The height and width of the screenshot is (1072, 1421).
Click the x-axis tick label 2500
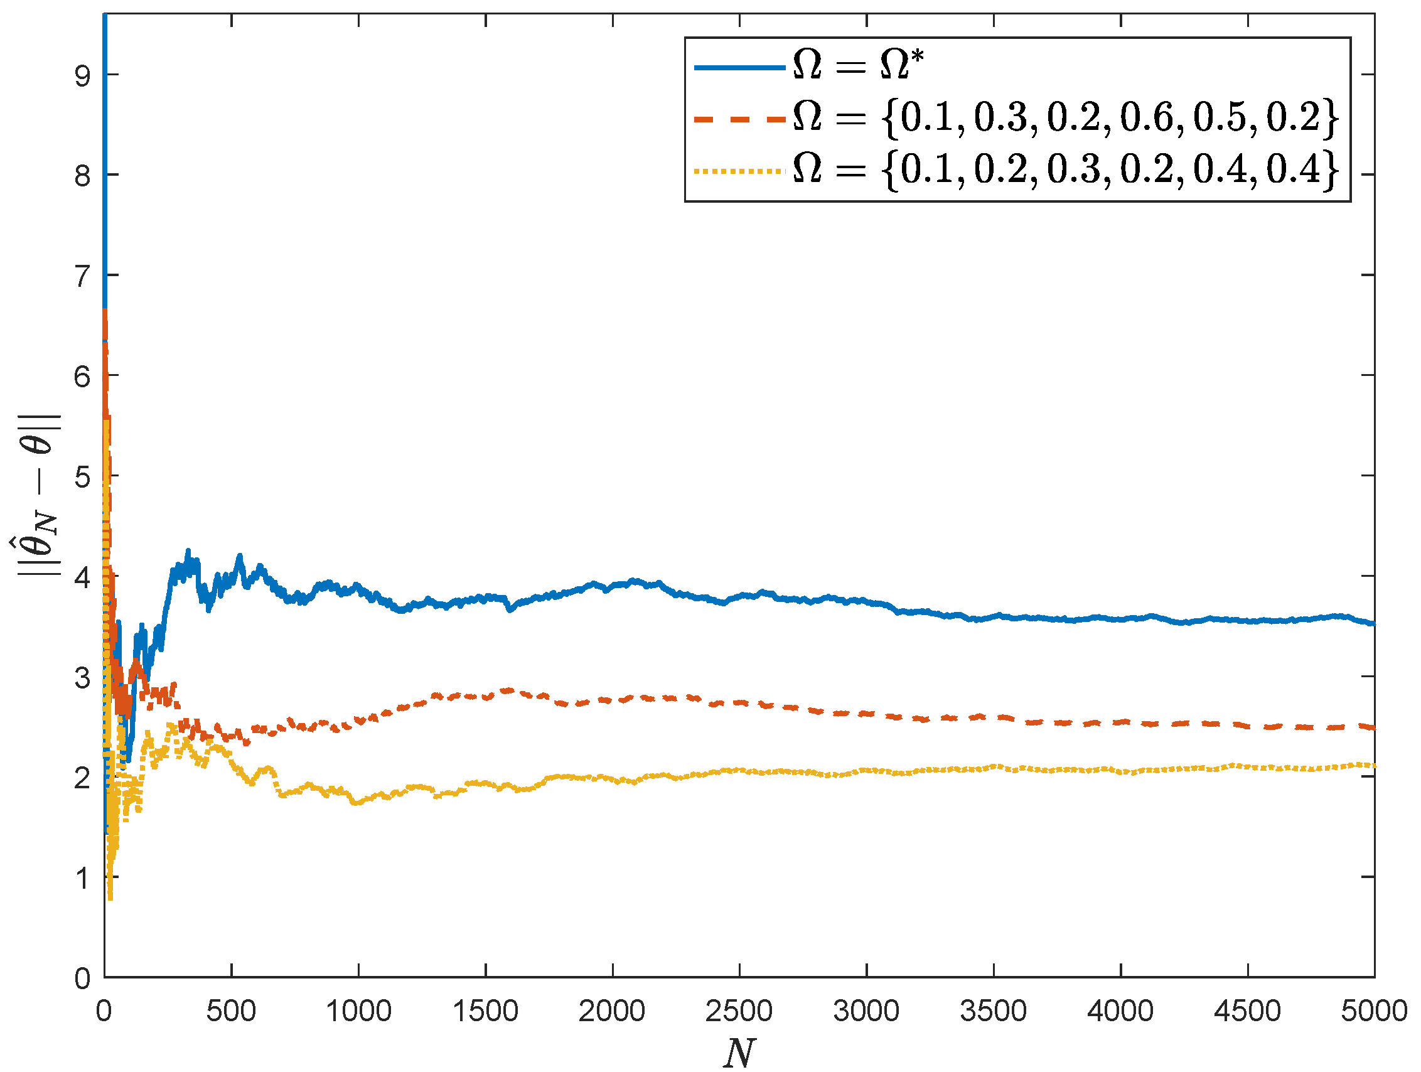click(739, 1011)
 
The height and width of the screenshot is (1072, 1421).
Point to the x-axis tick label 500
click(230, 1011)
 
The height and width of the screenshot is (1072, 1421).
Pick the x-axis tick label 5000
click(1373, 1011)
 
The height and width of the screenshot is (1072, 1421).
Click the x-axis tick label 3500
click(993, 1011)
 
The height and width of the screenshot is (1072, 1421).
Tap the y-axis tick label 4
click(83, 577)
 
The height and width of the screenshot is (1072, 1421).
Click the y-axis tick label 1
click(83, 878)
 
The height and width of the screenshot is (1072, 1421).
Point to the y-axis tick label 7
click(83, 277)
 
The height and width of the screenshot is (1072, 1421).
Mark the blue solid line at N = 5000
click(1373, 623)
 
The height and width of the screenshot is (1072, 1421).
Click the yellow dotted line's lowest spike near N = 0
click(110, 898)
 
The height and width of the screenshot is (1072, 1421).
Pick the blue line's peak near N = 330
click(188, 551)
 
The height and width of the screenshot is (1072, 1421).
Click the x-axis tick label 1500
click(485, 1011)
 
